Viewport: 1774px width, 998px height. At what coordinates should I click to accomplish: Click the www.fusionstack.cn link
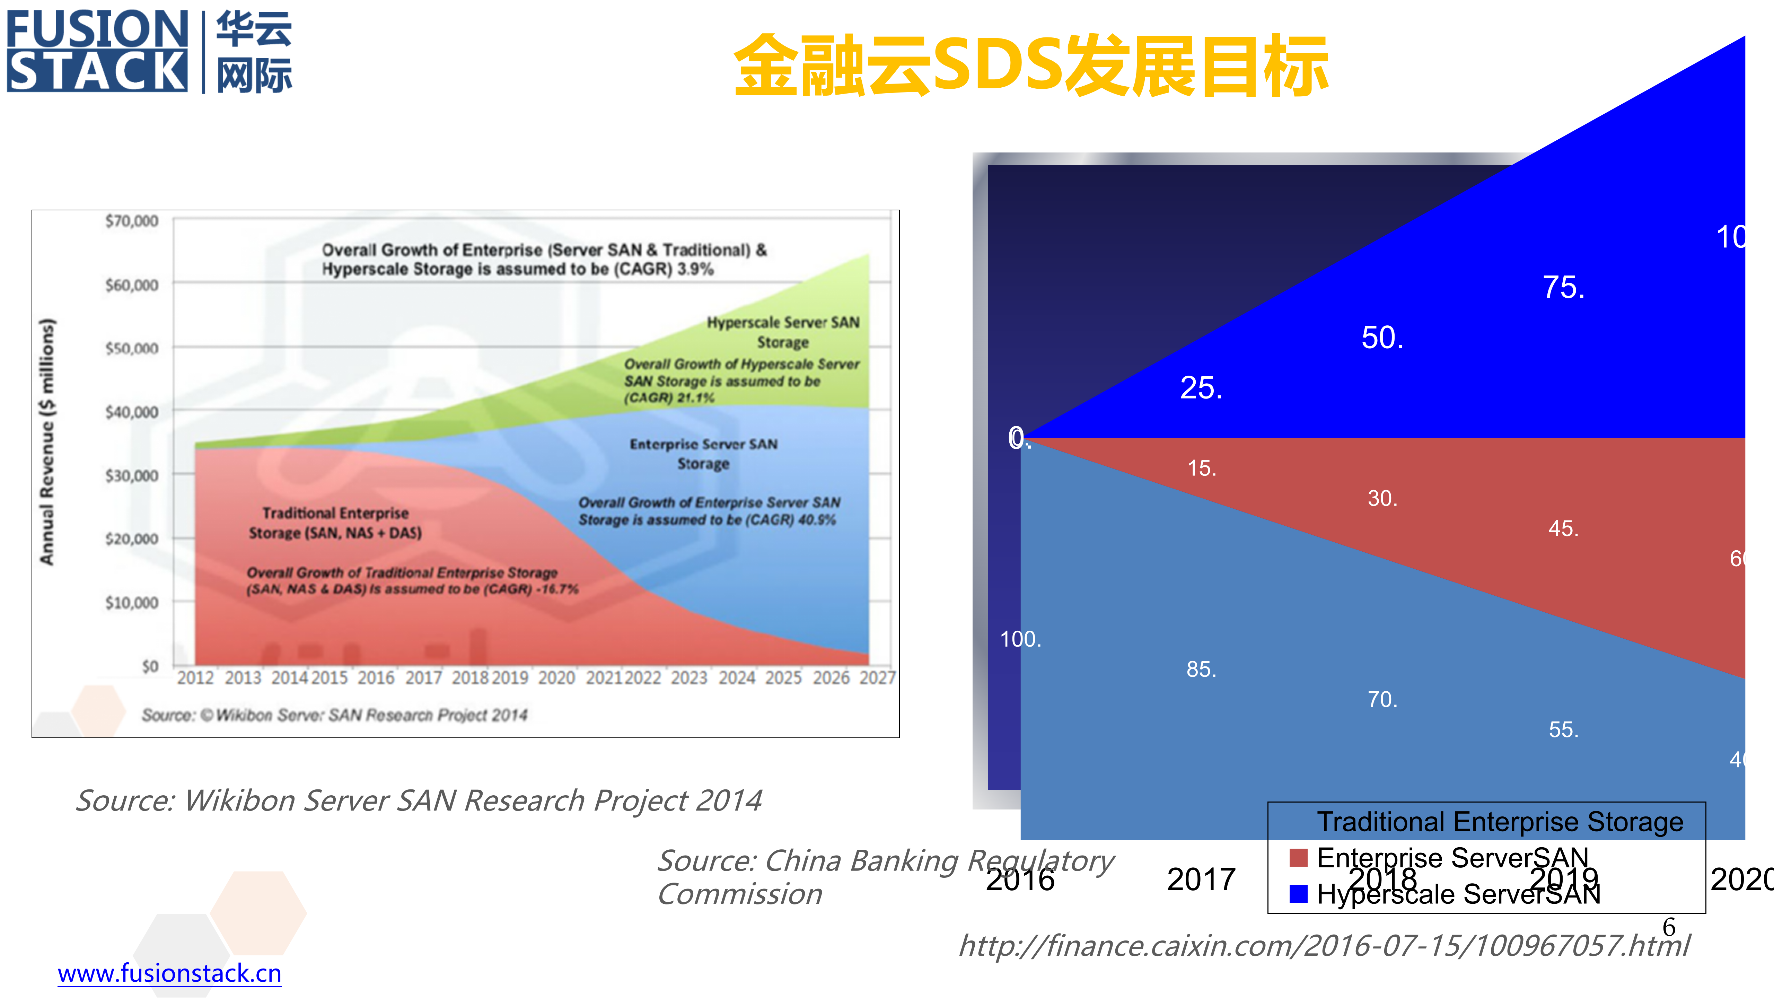(x=169, y=973)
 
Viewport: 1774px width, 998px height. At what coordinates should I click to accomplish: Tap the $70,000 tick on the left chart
(x=132, y=221)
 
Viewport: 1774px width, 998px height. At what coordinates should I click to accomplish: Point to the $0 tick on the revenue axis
(x=150, y=666)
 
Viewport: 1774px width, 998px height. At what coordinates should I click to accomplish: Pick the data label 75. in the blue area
(x=1563, y=287)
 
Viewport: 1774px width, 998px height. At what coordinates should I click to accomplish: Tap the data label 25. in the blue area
(x=1201, y=388)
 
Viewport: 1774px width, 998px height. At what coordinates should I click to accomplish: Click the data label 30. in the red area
(x=1382, y=498)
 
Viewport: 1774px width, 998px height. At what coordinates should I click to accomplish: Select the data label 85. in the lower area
(x=1201, y=669)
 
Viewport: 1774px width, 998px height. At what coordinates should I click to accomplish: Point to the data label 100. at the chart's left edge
(x=1020, y=639)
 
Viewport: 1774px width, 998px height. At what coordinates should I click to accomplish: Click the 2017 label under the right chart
(x=1201, y=879)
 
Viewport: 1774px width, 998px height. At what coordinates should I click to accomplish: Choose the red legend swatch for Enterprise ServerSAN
(x=1298, y=858)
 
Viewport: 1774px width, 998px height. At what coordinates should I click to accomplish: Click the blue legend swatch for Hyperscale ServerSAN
(x=1298, y=893)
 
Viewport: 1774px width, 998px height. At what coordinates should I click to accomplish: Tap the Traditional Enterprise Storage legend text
(x=1500, y=822)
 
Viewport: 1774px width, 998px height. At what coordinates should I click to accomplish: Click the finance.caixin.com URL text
(x=1324, y=946)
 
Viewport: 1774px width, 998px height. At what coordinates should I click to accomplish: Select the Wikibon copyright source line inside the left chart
(x=335, y=715)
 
